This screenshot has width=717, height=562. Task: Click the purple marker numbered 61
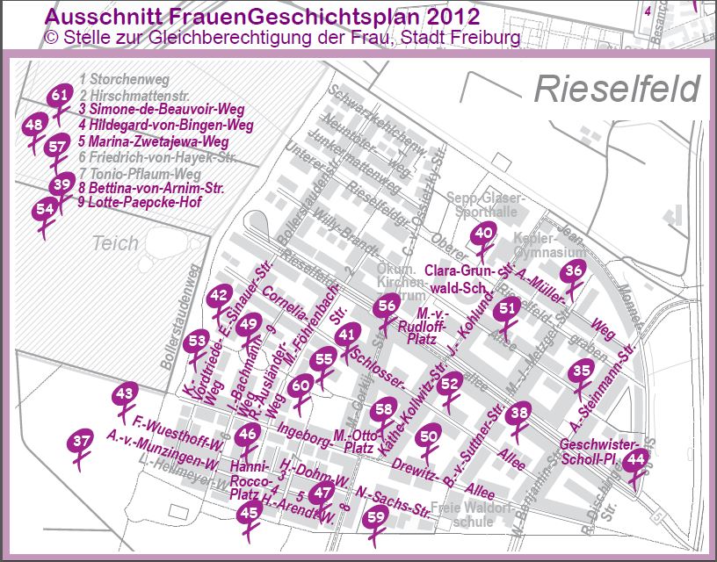click(60, 95)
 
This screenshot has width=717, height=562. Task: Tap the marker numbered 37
click(82, 441)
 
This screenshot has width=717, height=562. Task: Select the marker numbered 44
click(637, 458)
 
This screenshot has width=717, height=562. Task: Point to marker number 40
click(484, 234)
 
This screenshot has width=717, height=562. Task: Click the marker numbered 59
click(376, 517)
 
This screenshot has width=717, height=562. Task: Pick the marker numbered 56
click(387, 306)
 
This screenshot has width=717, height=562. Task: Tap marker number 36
click(574, 271)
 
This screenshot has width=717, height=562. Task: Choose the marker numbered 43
click(126, 394)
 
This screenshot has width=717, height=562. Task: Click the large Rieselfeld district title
click(617, 89)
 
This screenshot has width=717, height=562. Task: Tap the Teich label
click(115, 243)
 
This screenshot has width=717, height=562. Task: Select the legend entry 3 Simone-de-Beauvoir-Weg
click(160, 109)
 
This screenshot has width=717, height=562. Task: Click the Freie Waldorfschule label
click(472, 515)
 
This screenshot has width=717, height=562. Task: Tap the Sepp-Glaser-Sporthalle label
click(484, 204)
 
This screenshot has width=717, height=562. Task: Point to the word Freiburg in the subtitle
click(482, 38)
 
